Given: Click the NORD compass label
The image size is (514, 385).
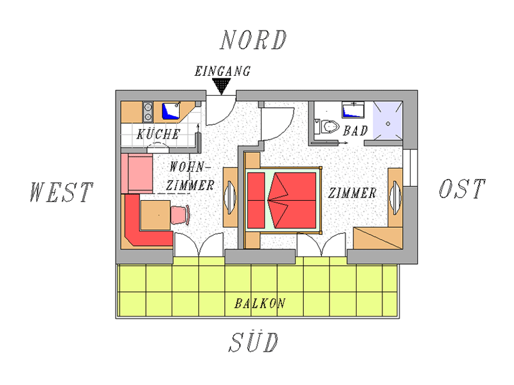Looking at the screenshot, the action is pos(253,40).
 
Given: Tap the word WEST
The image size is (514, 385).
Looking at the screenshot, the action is pos(61,191).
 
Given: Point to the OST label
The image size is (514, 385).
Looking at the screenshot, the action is pos(462,189).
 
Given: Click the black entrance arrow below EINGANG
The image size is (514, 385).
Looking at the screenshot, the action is pos(222,86).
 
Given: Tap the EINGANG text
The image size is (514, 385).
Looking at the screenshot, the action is pos(222,71).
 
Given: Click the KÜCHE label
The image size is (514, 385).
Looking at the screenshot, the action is pos(159,134).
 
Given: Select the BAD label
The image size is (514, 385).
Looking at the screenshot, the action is pos(356,131).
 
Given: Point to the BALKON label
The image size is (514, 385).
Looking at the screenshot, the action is pos(260,304).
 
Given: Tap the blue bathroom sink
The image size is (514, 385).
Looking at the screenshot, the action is pos(353,110).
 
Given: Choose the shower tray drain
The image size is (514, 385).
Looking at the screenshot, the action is pos(388,124).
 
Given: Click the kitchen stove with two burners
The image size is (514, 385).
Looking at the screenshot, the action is pos(148,112).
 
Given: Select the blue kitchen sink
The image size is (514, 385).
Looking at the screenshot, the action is pos(171,110).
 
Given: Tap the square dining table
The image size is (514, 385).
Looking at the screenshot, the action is pos(155,216).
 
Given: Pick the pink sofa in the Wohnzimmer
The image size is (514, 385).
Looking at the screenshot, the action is pos(137,173).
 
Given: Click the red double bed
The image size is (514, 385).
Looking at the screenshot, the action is pos(282,200).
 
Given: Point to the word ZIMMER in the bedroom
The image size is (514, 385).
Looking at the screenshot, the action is pos(352,193).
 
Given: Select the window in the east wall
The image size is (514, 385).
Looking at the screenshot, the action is pos(410,167).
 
